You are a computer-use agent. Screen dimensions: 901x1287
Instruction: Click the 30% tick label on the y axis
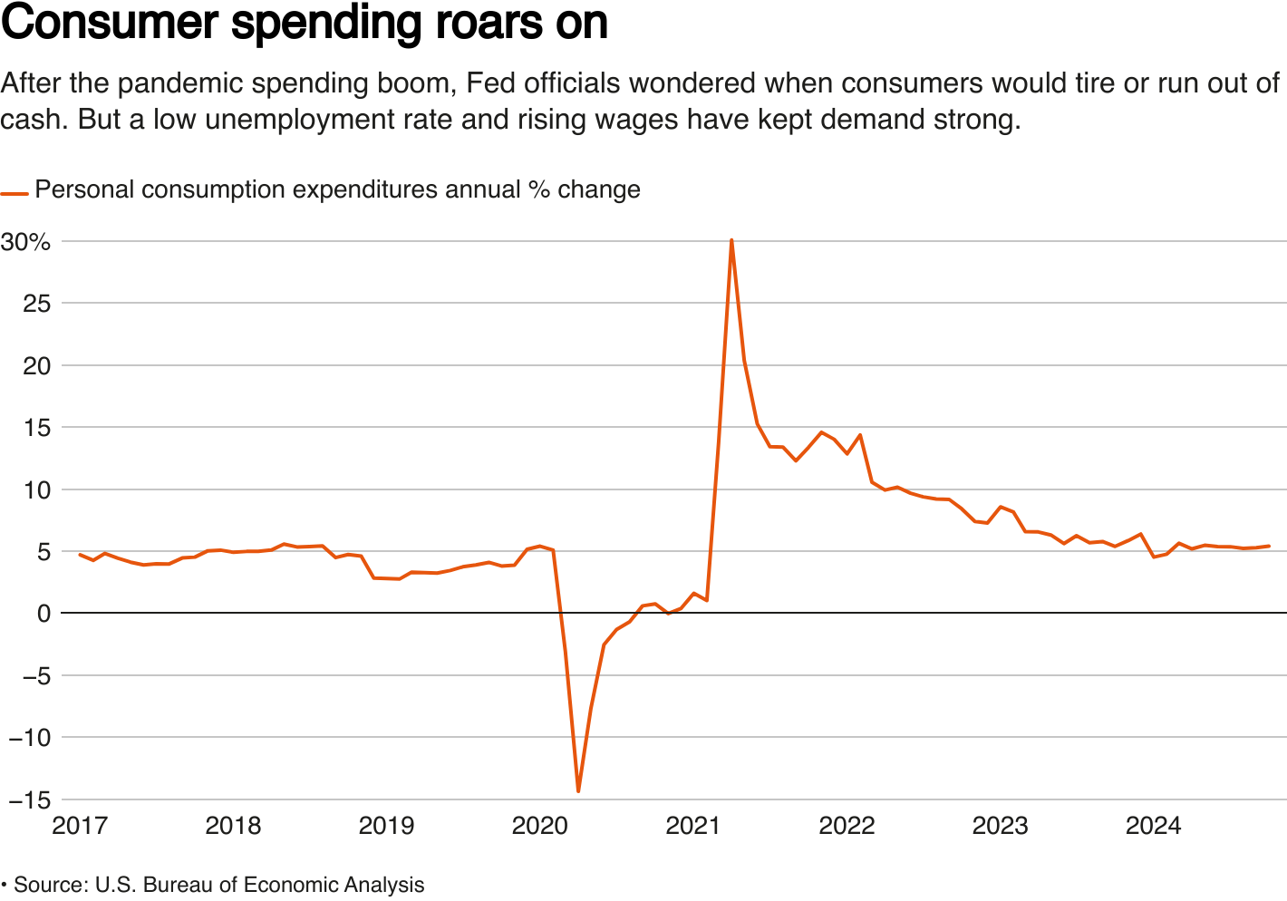click(x=25, y=242)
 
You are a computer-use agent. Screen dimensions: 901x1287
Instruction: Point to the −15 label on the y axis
click(x=25, y=799)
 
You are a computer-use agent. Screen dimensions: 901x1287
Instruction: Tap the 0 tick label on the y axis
click(x=44, y=614)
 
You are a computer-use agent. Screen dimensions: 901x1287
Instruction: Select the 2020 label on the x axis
click(x=540, y=826)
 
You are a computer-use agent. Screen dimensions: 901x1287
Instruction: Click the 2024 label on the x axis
click(x=1153, y=826)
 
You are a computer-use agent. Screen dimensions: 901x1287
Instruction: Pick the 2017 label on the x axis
click(x=80, y=826)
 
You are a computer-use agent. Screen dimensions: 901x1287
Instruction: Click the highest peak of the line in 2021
click(x=731, y=240)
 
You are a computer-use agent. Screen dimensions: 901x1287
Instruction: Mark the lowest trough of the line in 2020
click(x=578, y=791)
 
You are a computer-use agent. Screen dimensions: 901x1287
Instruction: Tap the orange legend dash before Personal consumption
click(x=15, y=193)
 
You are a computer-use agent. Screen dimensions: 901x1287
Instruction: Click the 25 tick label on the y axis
click(x=36, y=304)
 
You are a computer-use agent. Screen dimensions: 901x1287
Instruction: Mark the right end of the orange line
click(x=1269, y=547)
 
